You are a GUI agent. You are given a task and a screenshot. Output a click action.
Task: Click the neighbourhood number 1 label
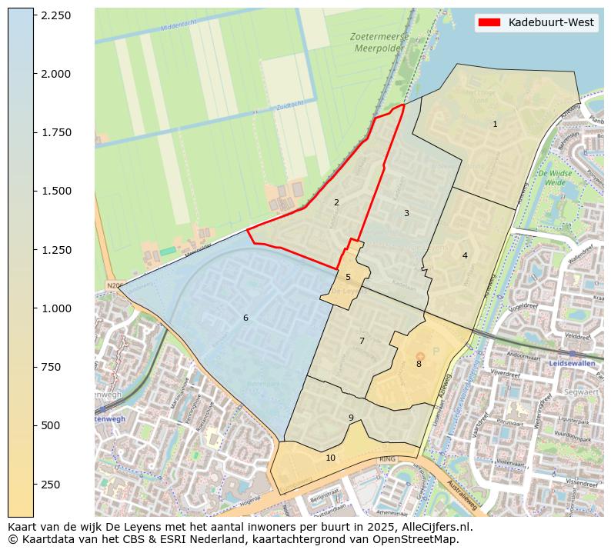click(x=495, y=124)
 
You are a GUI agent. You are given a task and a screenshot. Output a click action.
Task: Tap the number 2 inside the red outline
click(x=336, y=202)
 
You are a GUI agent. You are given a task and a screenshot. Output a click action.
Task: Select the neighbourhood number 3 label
click(x=406, y=213)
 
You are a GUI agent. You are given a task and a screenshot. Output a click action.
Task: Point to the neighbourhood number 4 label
click(x=465, y=255)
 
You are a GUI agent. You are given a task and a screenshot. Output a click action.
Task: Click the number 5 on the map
click(x=348, y=277)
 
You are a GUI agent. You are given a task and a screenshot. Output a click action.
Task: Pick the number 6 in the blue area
click(x=245, y=318)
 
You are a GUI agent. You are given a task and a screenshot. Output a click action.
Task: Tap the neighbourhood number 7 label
click(x=362, y=341)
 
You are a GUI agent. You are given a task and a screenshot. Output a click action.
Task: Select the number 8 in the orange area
click(x=419, y=364)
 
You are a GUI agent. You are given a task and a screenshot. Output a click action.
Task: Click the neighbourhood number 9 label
click(x=351, y=418)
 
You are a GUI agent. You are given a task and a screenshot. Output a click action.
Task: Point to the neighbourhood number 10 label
click(x=330, y=458)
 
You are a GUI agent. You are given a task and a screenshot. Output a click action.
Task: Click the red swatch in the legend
click(x=489, y=22)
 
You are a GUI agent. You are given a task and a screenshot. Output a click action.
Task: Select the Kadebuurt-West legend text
click(x=551, y=22)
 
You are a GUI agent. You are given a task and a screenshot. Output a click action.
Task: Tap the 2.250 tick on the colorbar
click(x=56, y=15)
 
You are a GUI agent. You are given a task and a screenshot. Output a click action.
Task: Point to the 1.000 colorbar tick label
click(x=56, y=308)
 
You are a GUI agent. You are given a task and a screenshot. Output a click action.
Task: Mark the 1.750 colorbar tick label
click(x=56, y=132)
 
